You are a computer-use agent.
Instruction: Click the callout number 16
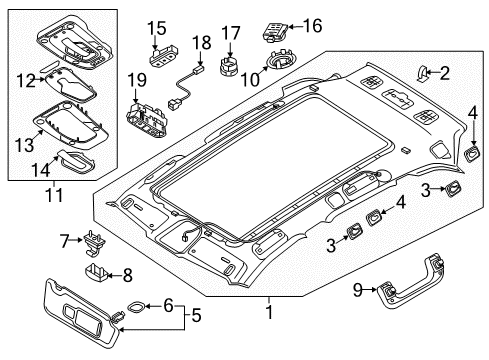coord(313,26)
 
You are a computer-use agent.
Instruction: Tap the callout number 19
coord(137,80)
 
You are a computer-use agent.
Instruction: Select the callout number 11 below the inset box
coord(54,195)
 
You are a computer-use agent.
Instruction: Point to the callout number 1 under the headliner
coord(269,312)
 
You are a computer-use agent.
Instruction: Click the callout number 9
coord(357,290)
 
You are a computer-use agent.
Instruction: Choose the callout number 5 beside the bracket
coord(196,315)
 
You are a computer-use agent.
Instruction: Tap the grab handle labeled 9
coord(410,283)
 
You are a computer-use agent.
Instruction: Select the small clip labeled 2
coord(422,73)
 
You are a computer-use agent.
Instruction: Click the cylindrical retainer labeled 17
coord(228,66)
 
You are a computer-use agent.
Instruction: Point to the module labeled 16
coord(276,32)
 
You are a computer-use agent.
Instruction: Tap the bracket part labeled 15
coord(163,56)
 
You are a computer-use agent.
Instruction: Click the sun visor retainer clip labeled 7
coord(93,243)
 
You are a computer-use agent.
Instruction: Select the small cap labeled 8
coord(95,271)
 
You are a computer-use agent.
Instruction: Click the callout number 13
coord(25,145)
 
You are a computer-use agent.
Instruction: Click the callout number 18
coord(201,42)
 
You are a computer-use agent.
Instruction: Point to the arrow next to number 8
coord(115,275)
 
